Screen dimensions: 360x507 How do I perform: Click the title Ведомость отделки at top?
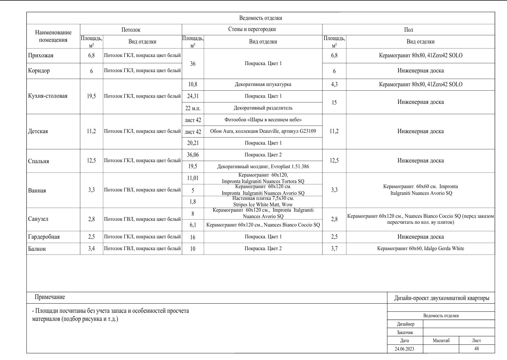[260, 18]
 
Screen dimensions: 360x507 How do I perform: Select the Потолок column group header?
[131, 30]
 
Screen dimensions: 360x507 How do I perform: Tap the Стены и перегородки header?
[252, 29]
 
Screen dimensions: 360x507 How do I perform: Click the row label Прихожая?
[40, 56]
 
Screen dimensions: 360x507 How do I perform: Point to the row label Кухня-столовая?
[48, 96]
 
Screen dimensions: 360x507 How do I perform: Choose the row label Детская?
[38, 131]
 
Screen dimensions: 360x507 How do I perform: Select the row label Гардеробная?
[44, 237]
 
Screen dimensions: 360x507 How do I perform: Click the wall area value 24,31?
[193, 96]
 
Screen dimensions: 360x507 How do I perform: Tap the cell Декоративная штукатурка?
[263, 85]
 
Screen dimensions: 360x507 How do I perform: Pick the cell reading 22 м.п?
[193, 108]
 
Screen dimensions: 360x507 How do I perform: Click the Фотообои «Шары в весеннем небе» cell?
[263, 120]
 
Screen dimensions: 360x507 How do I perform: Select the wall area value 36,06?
[193, 155]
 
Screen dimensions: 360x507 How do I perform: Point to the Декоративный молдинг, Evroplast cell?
[263, 167]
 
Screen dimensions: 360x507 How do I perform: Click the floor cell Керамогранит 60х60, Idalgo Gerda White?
[420, 249]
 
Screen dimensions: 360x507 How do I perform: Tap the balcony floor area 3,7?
[334, 249]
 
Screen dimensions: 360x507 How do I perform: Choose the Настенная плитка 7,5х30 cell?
[263, 202]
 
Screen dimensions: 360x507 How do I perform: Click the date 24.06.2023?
[404, 349]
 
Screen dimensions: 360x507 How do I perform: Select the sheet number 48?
[476, 349]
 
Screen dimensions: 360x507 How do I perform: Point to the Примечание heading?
[50, 297]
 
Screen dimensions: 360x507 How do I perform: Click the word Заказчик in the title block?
[405, 332]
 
